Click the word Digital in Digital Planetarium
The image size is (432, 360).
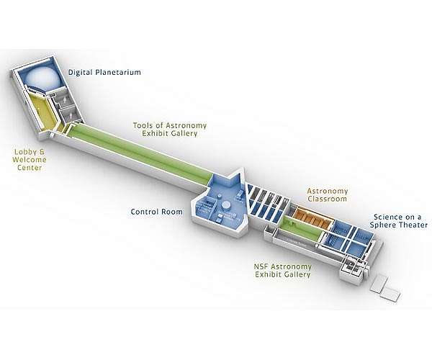click(x=81, y=73)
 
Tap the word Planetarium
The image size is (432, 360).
click(x=118, y=73)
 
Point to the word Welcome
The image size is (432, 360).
click(x=30, y=159)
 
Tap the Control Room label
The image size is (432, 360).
click(x=156, y=212)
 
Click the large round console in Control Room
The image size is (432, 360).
click(x=225, y=205)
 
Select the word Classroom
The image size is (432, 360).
click(x=328, y=199)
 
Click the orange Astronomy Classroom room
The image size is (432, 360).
click(x=312, y=218)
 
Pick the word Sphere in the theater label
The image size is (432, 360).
click(x=384, y=225)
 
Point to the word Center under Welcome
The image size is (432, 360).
click(x=30, y=168)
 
